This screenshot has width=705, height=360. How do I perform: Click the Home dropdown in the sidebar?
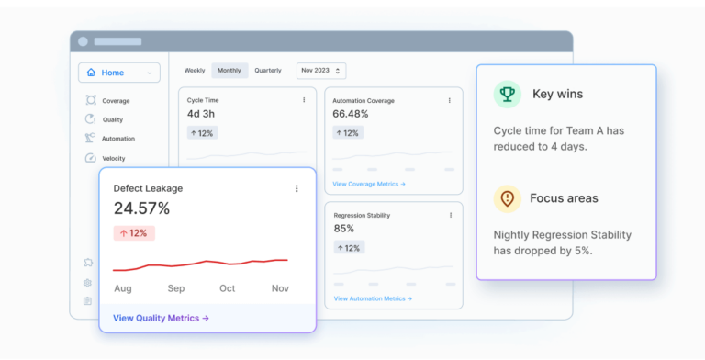pos(118,73)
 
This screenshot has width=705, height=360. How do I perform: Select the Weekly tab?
pos(195,71)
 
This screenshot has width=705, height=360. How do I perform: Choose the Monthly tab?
pos(229,71)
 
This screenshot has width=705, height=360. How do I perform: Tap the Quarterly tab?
pos(268,71)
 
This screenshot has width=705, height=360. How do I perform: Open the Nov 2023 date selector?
pos(320,71)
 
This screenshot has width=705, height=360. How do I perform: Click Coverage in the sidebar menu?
pos(115,101)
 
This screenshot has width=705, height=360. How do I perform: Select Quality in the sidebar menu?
pos(112,119)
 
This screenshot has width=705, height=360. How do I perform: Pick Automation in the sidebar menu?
pos(117,139)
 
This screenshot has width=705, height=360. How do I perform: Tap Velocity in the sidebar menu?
pos(114,158)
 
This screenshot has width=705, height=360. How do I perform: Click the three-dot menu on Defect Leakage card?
pos(297,188)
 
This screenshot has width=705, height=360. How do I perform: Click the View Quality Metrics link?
pos(162,318)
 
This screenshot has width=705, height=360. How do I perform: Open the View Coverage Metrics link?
pos(369,184)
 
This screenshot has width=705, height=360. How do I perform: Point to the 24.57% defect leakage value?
pos(141,208)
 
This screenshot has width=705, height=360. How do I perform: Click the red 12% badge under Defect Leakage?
pos(134,233)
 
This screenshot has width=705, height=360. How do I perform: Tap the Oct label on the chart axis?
pos(227,288)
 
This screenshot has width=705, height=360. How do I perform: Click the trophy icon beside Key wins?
pos(507,94)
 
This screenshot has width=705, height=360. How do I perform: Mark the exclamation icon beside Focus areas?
pos(507,198)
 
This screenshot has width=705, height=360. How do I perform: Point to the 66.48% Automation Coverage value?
pos(351,114)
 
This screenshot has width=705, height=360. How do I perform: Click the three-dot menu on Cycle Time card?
pos(305,100)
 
